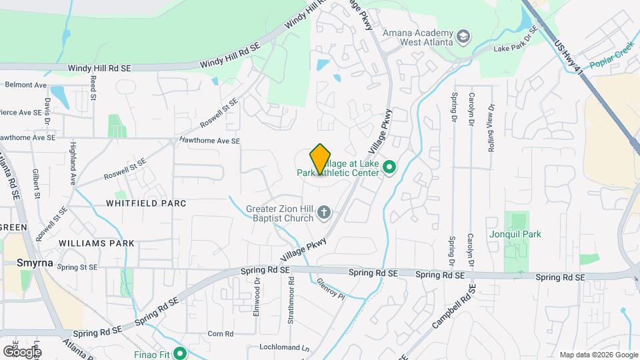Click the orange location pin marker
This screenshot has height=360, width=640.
[x=321, y=159]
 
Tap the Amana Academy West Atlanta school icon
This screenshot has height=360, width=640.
[x=463, y=35]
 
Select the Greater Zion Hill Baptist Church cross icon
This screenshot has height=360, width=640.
[x=324, y=213]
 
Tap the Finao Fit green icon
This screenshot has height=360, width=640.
[x=179, y=353]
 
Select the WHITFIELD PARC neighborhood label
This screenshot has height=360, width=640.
[x=145, y=203]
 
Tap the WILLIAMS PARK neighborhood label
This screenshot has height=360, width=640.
[x=96, y=243]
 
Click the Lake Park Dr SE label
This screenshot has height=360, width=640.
[x=515, y=48]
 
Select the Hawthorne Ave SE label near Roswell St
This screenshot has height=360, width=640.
[x=209, y=141]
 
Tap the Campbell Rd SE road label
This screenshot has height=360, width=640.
[x=453, y=308]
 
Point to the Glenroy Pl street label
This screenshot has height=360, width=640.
[x=331, y=289]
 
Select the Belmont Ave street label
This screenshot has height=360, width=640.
[x=25, y=85]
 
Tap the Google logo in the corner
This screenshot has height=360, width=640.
[x=22, y=351]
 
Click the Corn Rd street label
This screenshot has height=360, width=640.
[x=219, y=334]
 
